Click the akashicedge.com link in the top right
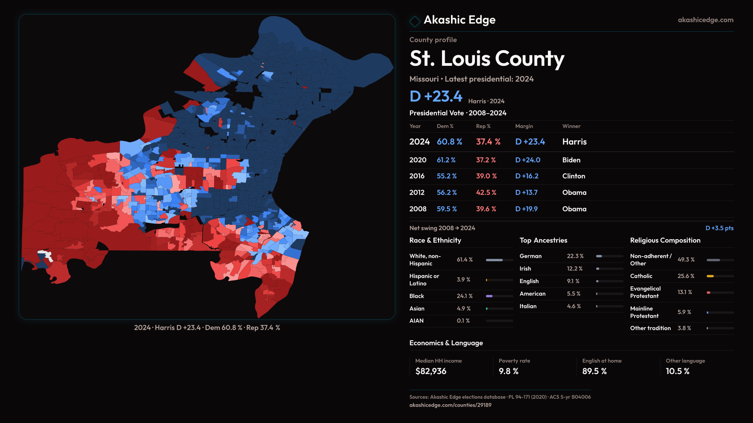tap(705, 20)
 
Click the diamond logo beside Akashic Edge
tap(415, 21)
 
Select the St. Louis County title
tap(487, 59)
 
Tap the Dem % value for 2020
tap(446, 160)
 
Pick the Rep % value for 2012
tap(486, 193)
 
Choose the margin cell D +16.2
tap(526, 176)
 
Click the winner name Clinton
tap(573, 176)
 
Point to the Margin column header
tap(524, 126)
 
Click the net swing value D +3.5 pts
tap(719, 228)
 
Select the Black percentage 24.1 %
tap(464, 296)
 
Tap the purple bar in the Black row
tap(489, 296)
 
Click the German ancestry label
tap(530, 256)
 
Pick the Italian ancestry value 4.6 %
tap(573, 306)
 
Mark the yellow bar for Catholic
tap(710, 276)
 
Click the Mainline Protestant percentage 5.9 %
tap(684, 312)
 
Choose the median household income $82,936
tap(431, 371)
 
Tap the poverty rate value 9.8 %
tap(508, 371)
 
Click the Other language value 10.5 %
tap(677, 371)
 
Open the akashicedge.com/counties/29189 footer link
tap(450, 405)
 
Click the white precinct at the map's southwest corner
tap(46, 255)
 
